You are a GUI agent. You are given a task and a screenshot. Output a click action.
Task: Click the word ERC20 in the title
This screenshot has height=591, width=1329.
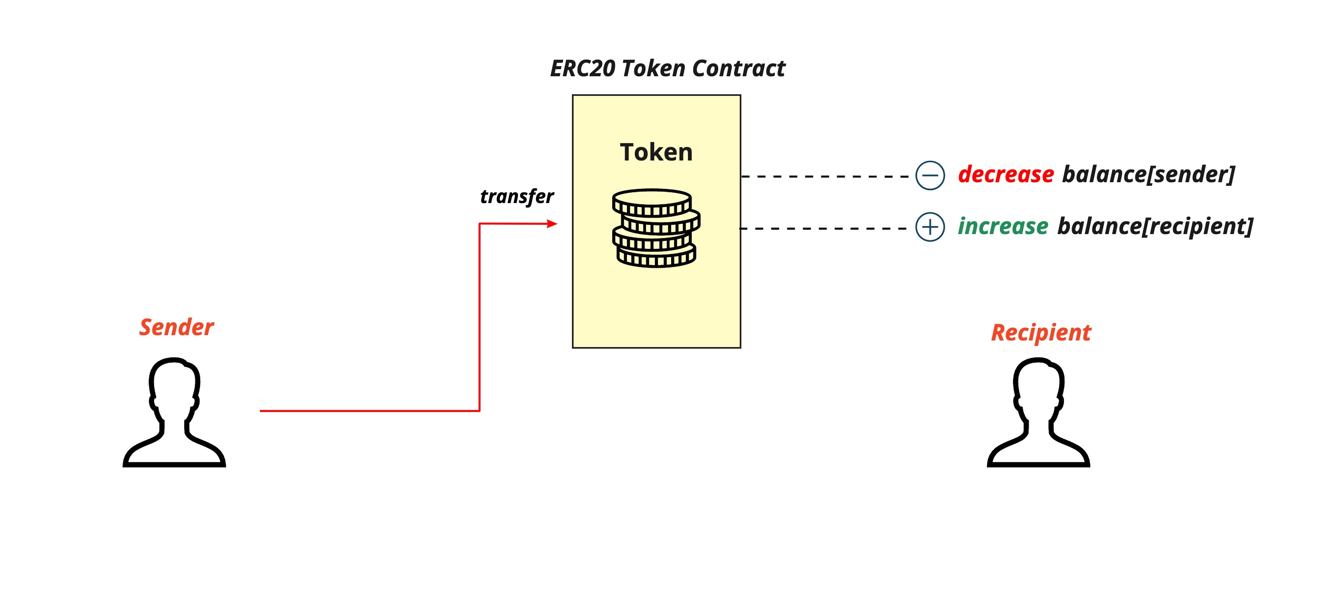pos(583,69)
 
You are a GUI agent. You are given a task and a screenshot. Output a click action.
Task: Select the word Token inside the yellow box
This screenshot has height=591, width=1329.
pos(656,152)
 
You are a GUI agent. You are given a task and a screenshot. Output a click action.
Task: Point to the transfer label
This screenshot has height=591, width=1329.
pos(517,197)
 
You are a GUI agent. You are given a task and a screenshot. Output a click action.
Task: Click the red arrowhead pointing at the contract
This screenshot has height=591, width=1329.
pos(552,223)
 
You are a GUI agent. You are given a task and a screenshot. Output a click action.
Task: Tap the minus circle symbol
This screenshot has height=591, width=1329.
pos(930,176)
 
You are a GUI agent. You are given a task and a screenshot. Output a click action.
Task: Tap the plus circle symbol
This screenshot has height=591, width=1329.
pos(930,227)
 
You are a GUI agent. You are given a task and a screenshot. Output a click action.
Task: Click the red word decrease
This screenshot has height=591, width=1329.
pos(1006,174)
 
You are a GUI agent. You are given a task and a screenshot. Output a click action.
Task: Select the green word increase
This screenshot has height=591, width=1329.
pos(1003,227)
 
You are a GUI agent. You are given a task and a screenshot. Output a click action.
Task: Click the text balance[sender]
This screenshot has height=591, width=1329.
pos(1148,174)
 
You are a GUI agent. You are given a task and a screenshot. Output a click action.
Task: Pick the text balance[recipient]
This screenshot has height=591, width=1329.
pos(1154,227)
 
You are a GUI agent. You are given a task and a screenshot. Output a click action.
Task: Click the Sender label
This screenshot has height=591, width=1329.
pos(176,327)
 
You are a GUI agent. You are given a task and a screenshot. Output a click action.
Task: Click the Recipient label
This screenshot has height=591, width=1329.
pos(1041,333)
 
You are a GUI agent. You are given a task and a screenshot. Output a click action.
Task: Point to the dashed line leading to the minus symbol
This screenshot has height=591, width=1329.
pos(825,176)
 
